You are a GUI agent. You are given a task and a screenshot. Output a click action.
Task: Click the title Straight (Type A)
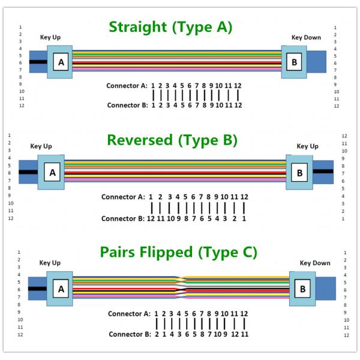(170, 27)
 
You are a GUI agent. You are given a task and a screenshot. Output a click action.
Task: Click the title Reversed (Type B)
(172, 140)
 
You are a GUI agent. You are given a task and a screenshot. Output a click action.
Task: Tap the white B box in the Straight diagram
(293, 62)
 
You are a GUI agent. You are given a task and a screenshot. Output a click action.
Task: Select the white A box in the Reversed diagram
(52, 173)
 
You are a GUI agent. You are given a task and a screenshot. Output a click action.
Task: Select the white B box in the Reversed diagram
(299, 173)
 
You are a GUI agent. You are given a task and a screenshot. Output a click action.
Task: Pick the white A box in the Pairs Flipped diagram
(61, 289)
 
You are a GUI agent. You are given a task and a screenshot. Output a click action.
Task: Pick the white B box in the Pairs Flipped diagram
(302, 289)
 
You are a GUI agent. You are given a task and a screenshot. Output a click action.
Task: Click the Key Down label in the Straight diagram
(306, 37)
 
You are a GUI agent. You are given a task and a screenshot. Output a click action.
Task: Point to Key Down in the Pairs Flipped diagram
(314, 263)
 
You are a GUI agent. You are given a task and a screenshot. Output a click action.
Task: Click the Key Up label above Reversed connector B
(307, 146)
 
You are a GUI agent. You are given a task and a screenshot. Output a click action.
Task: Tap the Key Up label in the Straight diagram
(50, 37)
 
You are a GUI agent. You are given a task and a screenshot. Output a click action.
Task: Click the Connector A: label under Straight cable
(127, 86)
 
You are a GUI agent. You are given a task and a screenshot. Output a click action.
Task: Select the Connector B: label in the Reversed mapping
(121, 218)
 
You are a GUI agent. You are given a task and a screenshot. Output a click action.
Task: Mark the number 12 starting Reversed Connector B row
(151, 218)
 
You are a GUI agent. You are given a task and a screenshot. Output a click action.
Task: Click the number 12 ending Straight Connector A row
(238, 86)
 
